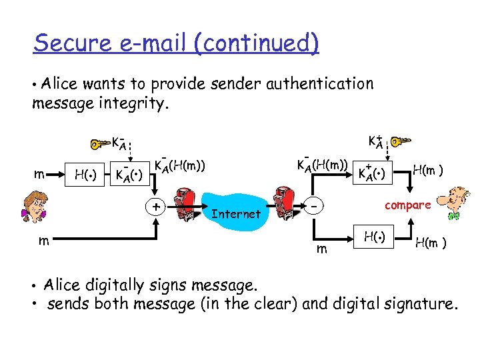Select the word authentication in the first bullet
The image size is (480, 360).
pos(319,84)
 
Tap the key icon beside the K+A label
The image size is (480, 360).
pos(401,142)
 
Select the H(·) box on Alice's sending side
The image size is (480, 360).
pos(86,175)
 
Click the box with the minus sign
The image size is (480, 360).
pos(315,207)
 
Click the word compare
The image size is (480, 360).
pos(408,205)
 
